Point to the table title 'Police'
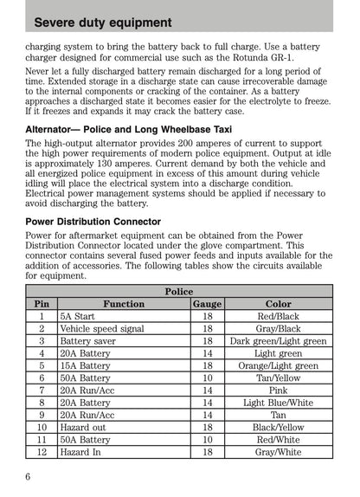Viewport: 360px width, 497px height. (179, 292)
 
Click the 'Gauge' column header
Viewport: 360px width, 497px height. (207, 305)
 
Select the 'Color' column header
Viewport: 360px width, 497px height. (278, 305)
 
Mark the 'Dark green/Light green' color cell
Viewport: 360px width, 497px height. (278, 341)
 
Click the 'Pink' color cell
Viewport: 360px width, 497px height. (278, 390)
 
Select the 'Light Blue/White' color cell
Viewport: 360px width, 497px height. (278, 403)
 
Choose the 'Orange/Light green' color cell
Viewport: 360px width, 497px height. (278, 366)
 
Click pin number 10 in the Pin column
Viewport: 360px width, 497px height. (42, 427)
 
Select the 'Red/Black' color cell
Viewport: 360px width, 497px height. (278, 317)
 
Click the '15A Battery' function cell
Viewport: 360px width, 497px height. (85, 366)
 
